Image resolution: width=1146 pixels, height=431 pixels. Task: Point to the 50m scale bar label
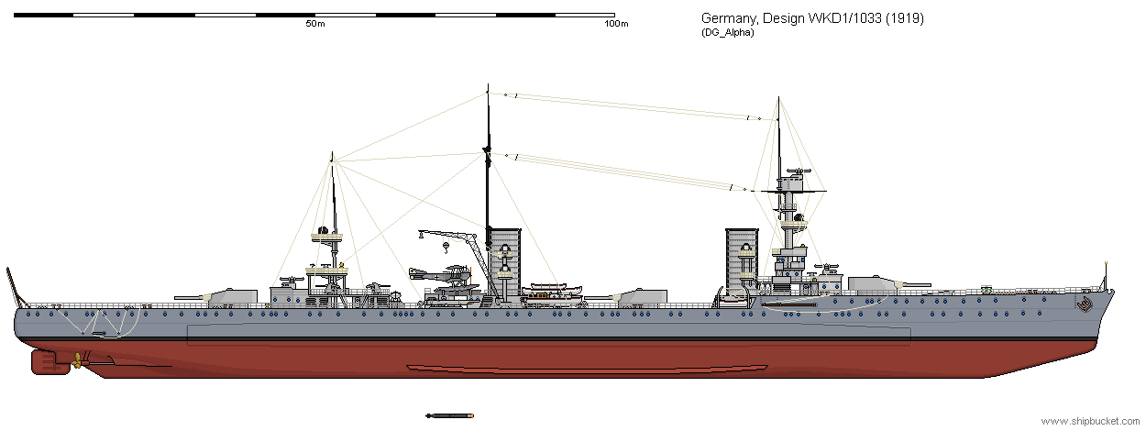click(314, 24)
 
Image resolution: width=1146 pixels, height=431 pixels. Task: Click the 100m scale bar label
click(616, 24)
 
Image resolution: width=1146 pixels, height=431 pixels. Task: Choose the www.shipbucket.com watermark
click(1082, 421)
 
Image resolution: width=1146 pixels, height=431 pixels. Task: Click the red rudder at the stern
click(44, 361)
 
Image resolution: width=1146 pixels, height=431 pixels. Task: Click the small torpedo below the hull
click(449, 415)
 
